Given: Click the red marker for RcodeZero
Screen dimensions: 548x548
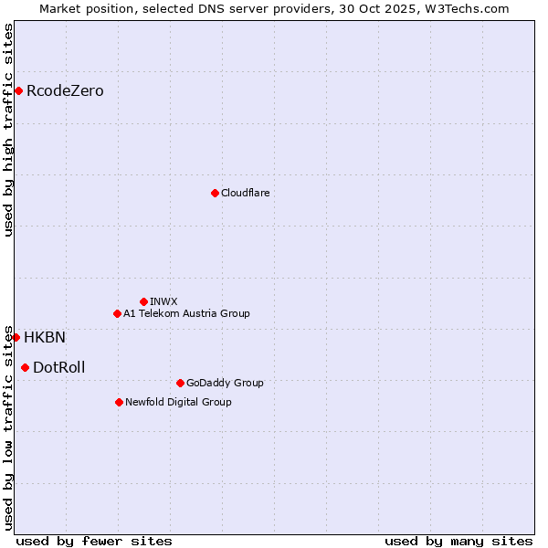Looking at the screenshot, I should pyautogui.click(x=18, y=90).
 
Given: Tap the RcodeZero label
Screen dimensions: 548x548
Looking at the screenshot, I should pyautogui.click(x=65, y=91).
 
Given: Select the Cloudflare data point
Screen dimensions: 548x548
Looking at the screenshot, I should pyautogui.click(x=215, y=193).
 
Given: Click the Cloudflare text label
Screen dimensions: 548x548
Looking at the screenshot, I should pyautogui.click(x=245, y=193).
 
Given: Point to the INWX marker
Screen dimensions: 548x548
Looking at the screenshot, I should pyautogui.click(x=143, y=301).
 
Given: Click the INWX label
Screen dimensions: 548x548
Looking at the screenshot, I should pyautogui.click(x=163, y=301).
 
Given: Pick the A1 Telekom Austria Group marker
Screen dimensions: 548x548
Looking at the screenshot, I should pyautogui.click(x=117, y=313).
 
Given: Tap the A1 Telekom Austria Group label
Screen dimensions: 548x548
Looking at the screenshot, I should pyautogui.click(x=186, y=313).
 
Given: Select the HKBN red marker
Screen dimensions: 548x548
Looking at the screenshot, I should pyautogui.click(x=16, y=337).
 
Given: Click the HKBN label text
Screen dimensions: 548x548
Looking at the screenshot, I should pyautogui.click(x=45, y=338).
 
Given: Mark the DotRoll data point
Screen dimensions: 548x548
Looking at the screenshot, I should pyautogui.click(x=25, y=367).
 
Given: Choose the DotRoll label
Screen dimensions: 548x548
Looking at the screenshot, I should pyautogui.click(x=58, y=368).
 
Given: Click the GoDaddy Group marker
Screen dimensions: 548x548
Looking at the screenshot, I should pyautogui.click(x=180, y=383).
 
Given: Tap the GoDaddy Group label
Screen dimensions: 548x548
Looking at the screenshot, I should pyautogui.click(x=224, y=383).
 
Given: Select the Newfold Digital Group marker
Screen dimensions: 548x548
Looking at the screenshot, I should pyautogui.click(x=119, y=402).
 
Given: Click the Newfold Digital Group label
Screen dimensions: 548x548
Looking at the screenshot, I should pyautogui.click(x=178, y=402).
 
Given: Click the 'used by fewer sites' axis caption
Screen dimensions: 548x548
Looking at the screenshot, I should pyautogui.click(x=94, y=541).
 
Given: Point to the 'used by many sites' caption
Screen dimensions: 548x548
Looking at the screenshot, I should pyautogui.click(x=458, y=541).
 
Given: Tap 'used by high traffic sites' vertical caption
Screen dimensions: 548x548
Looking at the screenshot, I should pyautogui.click(x=8, y=130).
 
